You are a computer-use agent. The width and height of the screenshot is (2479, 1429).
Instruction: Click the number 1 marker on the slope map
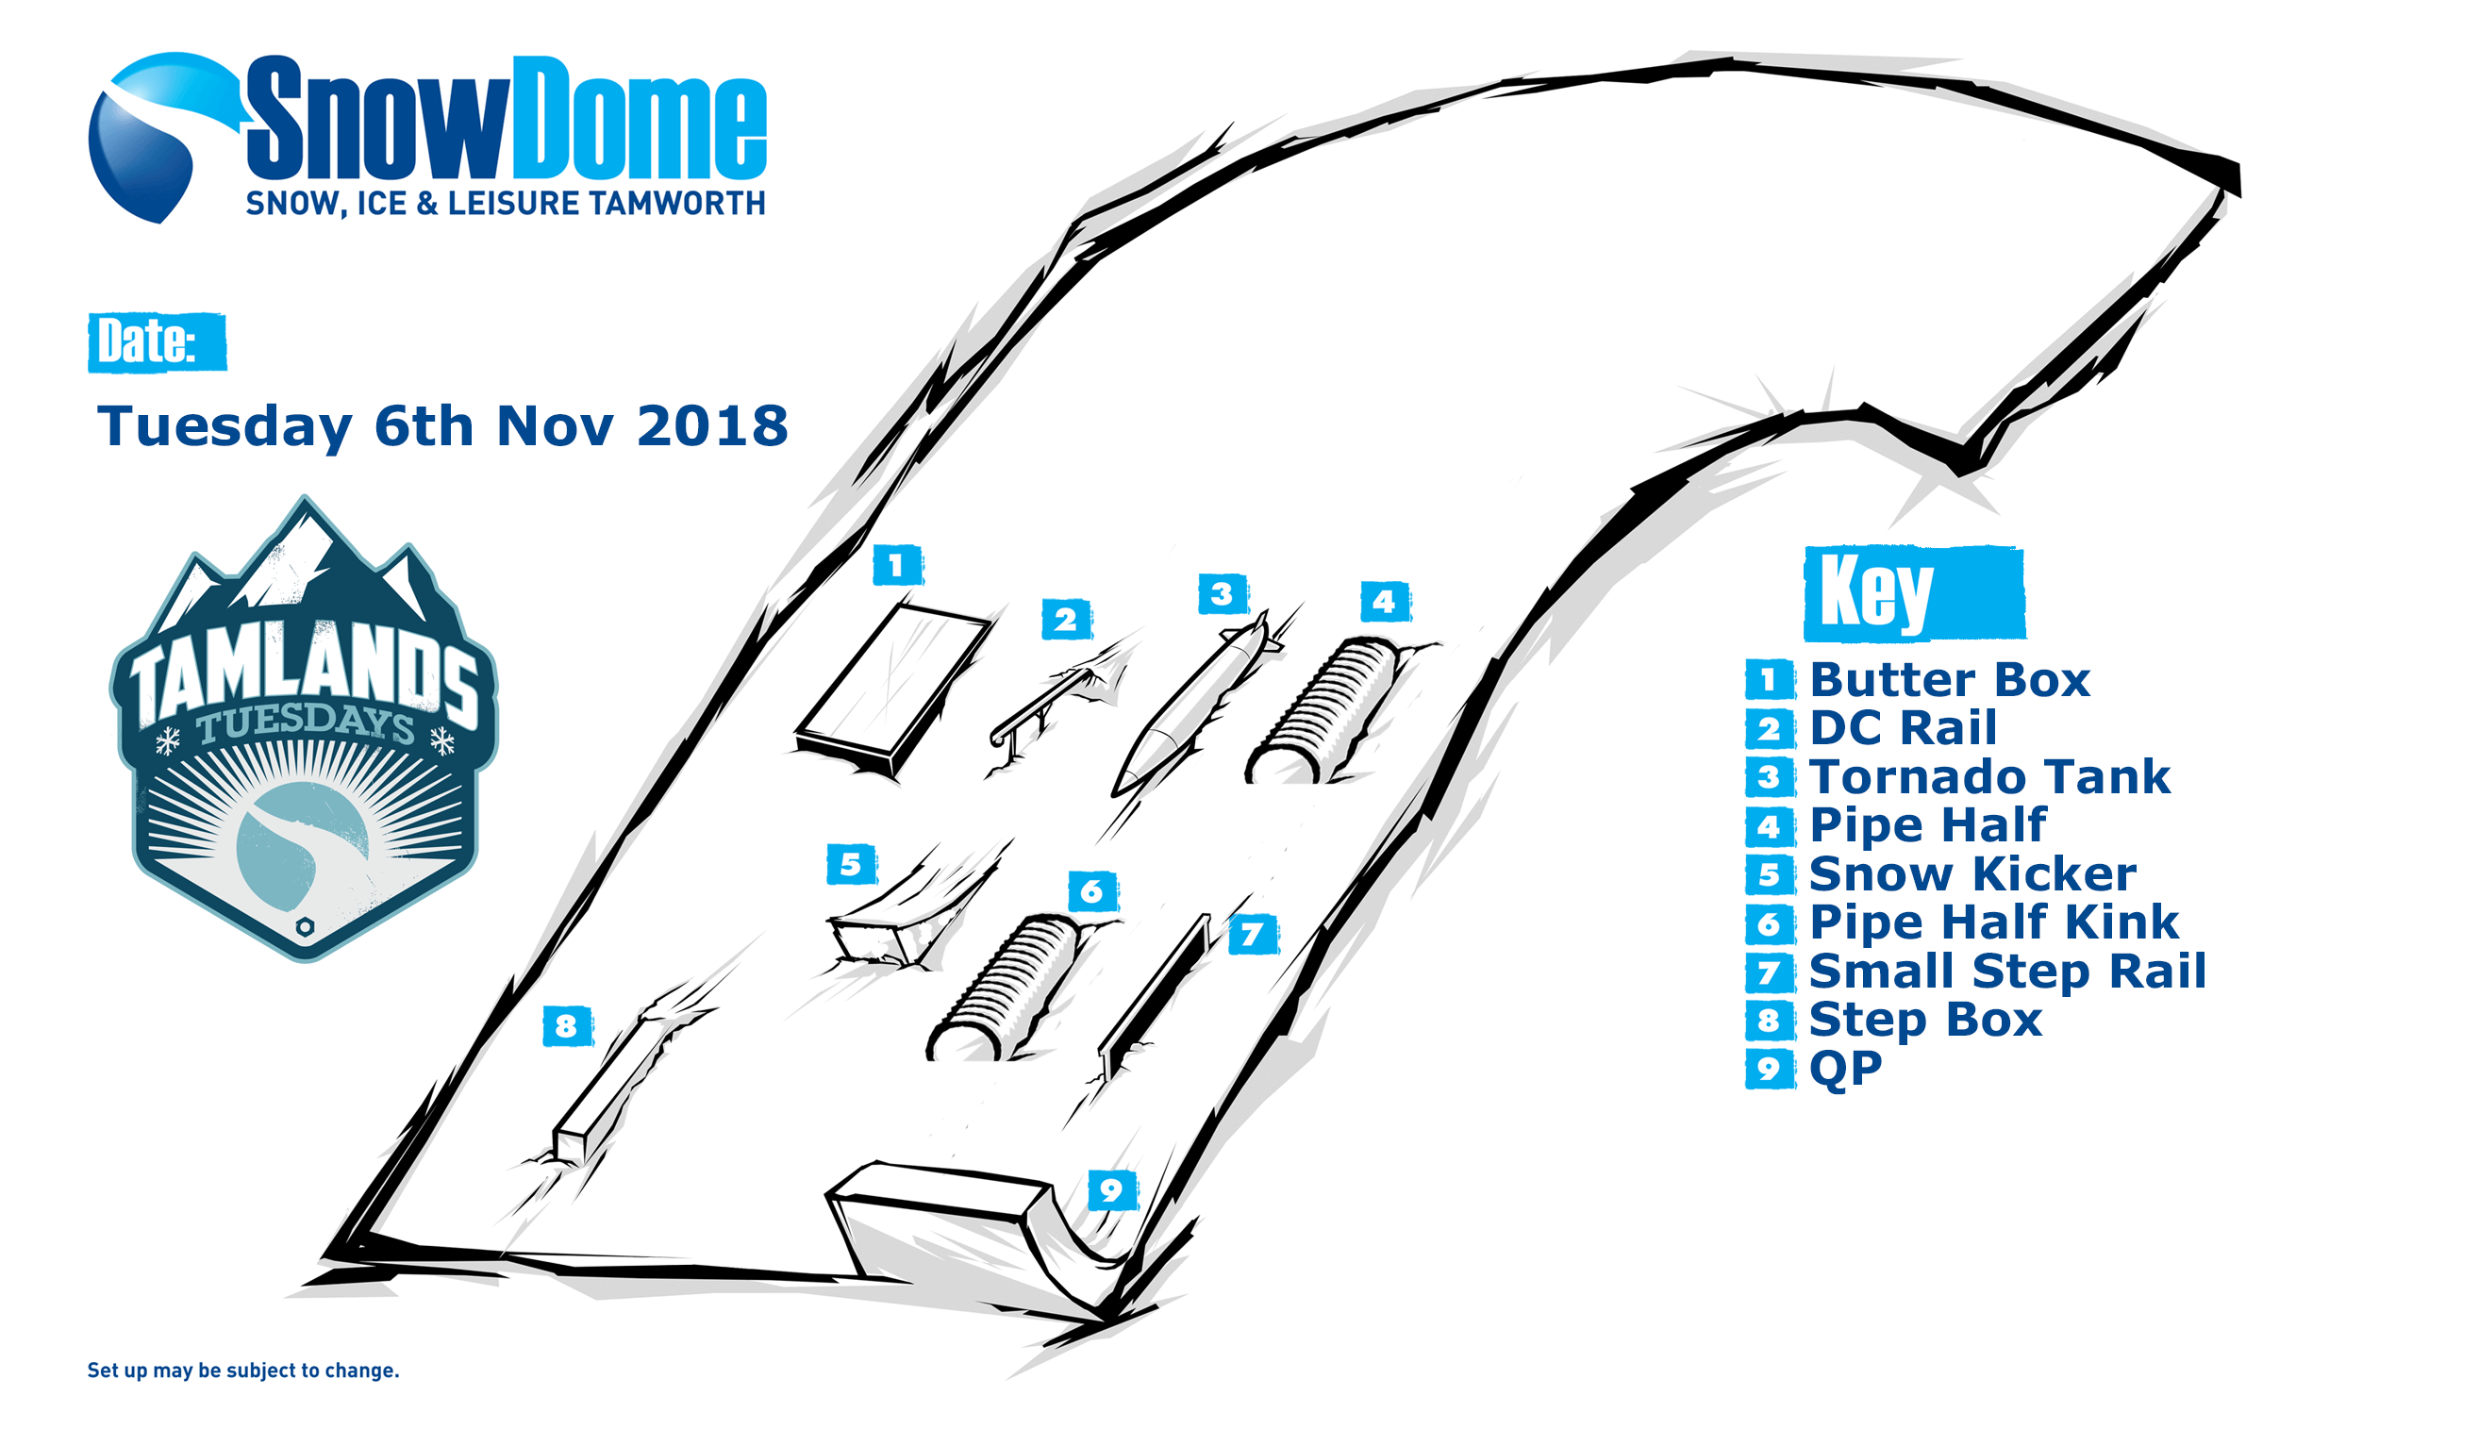click(897, 565)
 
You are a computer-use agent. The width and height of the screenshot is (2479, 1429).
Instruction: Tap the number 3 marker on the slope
click(1222, 594)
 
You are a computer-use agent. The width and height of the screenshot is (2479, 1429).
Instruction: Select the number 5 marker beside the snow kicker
click(851, 865)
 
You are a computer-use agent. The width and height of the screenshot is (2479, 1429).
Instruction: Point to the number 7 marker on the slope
click(1253, 935)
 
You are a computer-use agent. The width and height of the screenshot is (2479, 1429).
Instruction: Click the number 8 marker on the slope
click(566, 1026)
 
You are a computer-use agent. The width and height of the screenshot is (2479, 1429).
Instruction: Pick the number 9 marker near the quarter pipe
click(1112, 1190)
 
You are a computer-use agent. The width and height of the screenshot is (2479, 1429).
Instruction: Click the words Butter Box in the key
click(1949, 679)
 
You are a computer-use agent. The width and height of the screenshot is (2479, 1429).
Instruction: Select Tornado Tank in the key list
click(1989, 776)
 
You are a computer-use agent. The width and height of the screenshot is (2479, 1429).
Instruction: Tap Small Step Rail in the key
click(2007, 971)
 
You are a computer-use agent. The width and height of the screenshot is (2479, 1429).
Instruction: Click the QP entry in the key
click(1845, 1068)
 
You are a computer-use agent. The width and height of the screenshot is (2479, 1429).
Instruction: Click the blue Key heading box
click(1914, 592)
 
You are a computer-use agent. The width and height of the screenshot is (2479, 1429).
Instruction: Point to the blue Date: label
click(157, 342)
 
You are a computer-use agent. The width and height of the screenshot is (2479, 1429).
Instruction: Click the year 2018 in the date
click(711, 426)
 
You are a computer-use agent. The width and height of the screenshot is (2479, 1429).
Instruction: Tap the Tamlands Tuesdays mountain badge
click(305, 728)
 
